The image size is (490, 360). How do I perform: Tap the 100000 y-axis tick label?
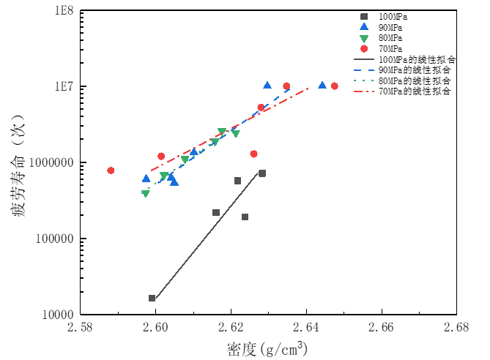pyautogui.click(x=55, y=239)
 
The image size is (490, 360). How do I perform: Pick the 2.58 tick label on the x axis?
pyautogui.click(x=81, y=328)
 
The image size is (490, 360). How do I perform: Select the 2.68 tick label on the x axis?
pyautogui.click(x=456, y=328)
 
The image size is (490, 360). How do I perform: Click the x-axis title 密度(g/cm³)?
pyautogui.click(x=267, y=348)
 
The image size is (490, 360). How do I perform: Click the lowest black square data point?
pyautogui.click(x=152, y=298)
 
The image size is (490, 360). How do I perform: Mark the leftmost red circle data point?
pyautogui.click(x=111, y=170)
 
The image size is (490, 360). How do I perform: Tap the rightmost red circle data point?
pyautogui.click(x=335, y=86)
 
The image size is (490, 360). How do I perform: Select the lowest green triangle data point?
pyautogui.click(x=146, y=193)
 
